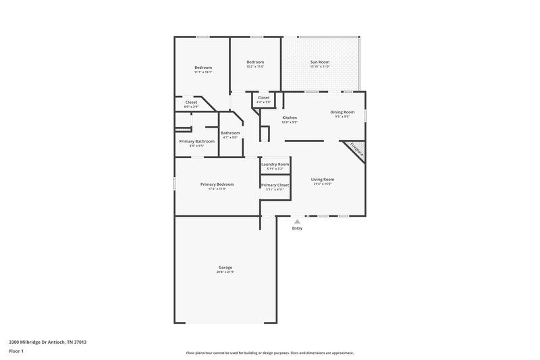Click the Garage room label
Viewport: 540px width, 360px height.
click(225, 267)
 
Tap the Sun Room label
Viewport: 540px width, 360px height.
click(319, 62)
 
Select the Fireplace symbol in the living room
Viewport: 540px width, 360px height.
click(356, 150)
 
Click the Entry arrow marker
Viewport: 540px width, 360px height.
click(297, 221)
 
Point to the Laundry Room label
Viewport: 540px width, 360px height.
click(275, 164)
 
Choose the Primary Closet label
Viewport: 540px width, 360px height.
click(275, 184)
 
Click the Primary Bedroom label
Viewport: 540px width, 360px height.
click(217, 184)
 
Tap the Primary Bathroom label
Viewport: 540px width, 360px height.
click(196, 141)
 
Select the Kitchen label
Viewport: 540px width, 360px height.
click(289, 118)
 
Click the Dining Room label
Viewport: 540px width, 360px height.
click(342, 112)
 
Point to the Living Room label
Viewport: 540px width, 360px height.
click(323, 179)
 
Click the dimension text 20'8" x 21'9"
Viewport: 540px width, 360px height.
click(225, 272)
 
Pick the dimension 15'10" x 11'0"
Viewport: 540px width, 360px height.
click(319, 67)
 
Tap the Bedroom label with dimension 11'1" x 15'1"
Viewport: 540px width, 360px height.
click(203, 68)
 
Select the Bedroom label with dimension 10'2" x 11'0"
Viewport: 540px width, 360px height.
click(255, 62)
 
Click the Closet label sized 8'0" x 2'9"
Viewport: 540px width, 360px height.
click(191, 102)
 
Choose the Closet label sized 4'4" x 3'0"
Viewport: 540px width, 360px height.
click(263, 97)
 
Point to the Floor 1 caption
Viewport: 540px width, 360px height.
click(17, 351)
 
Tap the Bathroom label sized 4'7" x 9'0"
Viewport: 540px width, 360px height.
click(230, 132)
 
